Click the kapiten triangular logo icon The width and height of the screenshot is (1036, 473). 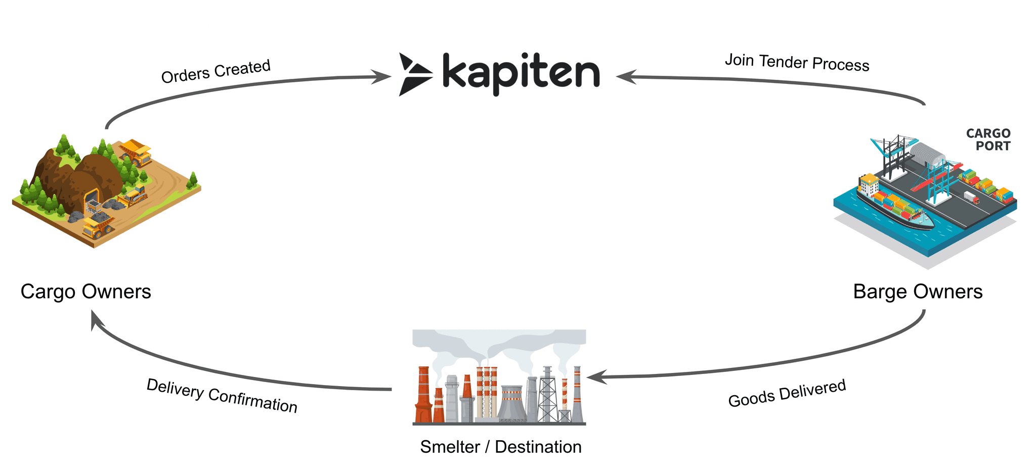click(415, 74)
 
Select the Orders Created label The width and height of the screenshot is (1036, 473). click(216, 71)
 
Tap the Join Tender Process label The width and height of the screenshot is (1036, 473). click(797, 62)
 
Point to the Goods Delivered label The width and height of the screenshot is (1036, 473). click(787, 393)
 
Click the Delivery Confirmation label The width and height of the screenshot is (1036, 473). click(222, 396)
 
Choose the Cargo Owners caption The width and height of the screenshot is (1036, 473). click(86, 292)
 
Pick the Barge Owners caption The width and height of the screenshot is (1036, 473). click(918, 292)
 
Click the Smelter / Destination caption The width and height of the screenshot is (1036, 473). click(501, 447)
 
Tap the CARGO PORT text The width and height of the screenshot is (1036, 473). click(988, 139)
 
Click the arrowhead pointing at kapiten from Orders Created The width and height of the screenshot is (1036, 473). click(380, 77)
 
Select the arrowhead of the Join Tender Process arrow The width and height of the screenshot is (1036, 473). click(626, 76)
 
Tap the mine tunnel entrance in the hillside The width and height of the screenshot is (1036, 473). click(92, 199)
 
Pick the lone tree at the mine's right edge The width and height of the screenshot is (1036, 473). click(193, 178)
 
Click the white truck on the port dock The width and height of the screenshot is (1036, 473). click(972, 197)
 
